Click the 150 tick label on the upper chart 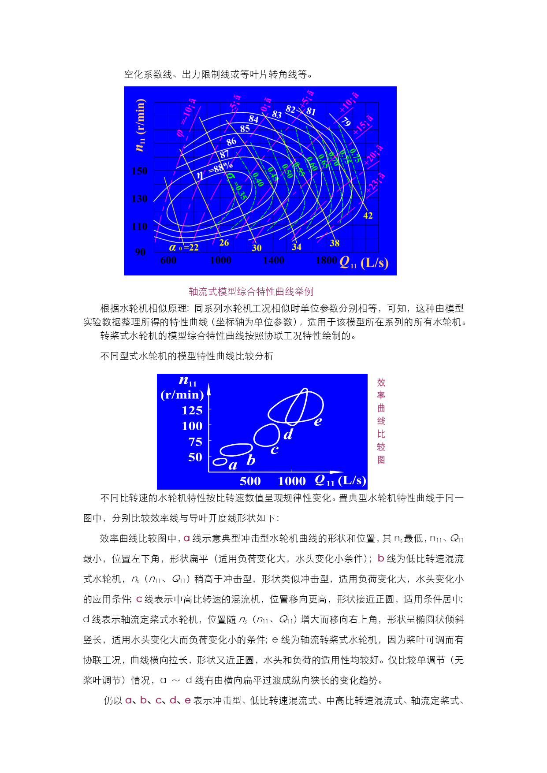coord(140,171)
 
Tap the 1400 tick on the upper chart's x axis coord(273,260)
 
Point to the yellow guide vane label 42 coord(368,216)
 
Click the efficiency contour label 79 coord(346,121)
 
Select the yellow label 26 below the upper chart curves coord(224,243)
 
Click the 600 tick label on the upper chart coord(168,260)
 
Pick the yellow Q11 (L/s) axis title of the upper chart coord(364,263)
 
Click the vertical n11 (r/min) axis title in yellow coord(140,125)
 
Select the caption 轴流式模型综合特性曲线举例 coord(251,291)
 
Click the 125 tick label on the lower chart coord(192,411)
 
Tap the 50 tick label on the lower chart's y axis coord(195,457)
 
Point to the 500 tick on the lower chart coord(250,481)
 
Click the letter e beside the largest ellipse coord(318,422)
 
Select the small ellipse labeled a coord(220,462)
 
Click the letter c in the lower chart coord(274,450)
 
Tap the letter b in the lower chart coord(251,460)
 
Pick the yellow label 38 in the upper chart coord(335,243)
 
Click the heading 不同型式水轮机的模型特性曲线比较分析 coord(186,356)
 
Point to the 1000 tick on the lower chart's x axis coord(291,481)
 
